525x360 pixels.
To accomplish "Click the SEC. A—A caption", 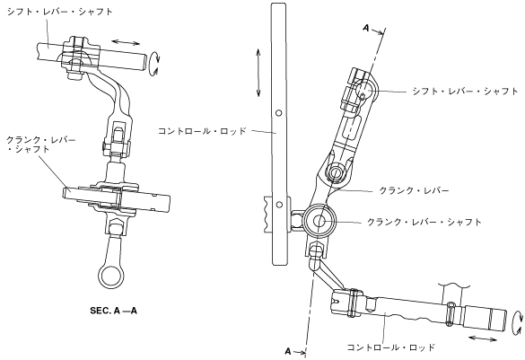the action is (x=113, y=311).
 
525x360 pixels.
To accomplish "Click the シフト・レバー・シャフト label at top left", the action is (x=60, y=12).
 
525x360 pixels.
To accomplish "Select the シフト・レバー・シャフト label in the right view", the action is (x=465, y=91).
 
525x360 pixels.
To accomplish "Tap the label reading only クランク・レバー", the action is (x=414, y=191).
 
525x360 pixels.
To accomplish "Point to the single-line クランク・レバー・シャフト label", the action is (x=424, y=222).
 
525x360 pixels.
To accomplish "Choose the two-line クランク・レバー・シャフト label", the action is (x=41, y=145).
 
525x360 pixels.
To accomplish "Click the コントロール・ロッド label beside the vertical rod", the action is (x=202, y=130).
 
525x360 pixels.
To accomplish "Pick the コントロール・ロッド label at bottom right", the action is (x=390, y=347).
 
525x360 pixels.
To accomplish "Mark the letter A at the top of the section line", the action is (x=366, y=28).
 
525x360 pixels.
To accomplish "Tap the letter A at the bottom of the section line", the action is (x=288, y=351).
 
